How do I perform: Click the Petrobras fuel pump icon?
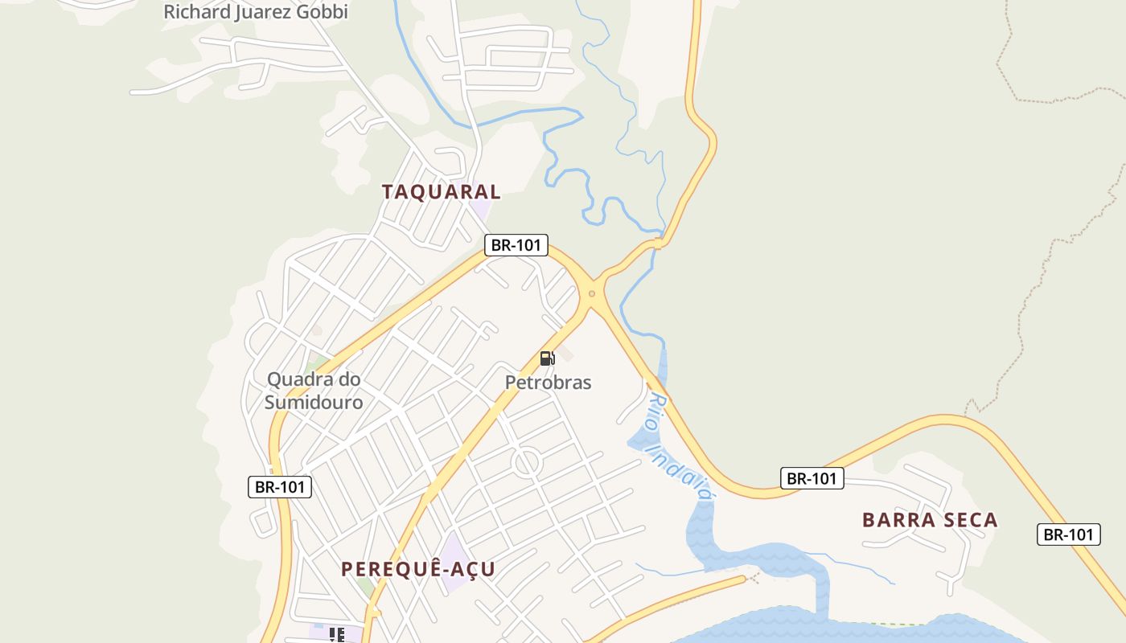point(547,358)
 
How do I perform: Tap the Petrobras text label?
point(548,383)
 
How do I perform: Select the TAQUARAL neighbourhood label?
point(441,192)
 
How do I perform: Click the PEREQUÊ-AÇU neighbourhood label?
point(418,569)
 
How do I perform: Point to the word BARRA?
point(895,520)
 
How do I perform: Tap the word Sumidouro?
point(314,402)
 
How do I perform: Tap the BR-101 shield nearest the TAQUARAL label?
point(516,245)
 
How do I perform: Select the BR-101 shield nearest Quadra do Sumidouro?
point(279,486)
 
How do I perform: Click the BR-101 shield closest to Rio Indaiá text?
point(812,478)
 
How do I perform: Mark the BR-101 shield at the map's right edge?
point(1068,534)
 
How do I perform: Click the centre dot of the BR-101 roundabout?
point(592,293)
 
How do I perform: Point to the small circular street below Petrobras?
point(526,463)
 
